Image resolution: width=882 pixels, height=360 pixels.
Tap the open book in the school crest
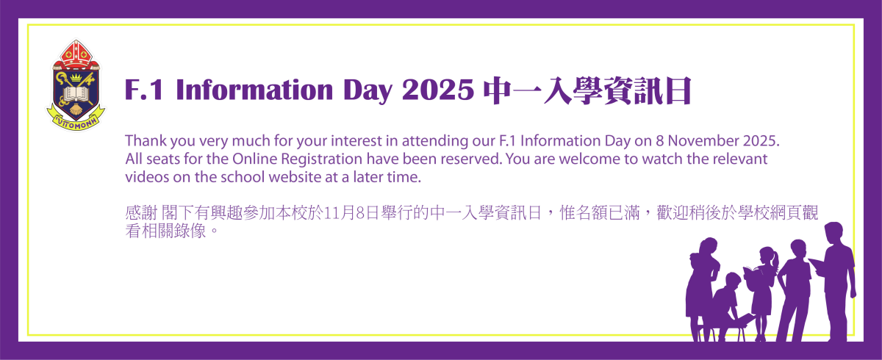[x=76, y=95]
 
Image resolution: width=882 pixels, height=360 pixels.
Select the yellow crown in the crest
[x=76, y=77]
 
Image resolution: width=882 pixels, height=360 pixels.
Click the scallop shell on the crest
[x=76, y=109]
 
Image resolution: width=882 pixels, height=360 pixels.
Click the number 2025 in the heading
[x=438, y=90]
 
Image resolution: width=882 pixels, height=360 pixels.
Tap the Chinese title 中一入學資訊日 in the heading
[x=587, y=91]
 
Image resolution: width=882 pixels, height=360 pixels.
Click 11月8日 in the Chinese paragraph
[x=351, y=212]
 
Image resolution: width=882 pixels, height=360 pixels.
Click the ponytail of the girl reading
[x=775, y=261]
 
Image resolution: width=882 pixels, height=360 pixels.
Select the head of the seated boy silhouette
[x=734, y=281]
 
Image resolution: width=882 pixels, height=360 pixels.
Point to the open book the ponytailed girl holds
[x=751, y=273]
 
